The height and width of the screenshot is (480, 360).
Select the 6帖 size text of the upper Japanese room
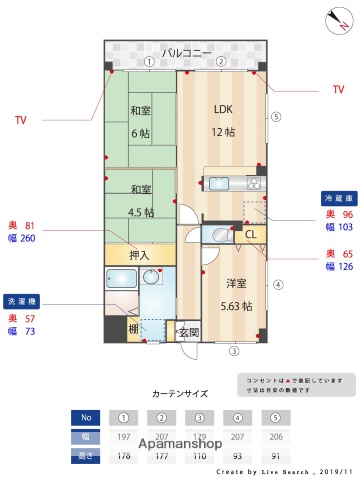point(140,133)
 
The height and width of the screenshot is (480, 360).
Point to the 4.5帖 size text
point(141,212)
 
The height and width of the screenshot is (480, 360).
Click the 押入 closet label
point(140,255)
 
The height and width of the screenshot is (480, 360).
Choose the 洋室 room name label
point(236,283)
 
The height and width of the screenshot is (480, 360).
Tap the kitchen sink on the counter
point(217,183)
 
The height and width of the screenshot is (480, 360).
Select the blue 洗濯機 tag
point(23,300)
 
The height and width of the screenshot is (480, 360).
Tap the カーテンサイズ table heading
point(181,393)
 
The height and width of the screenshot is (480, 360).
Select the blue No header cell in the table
point(87,419)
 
